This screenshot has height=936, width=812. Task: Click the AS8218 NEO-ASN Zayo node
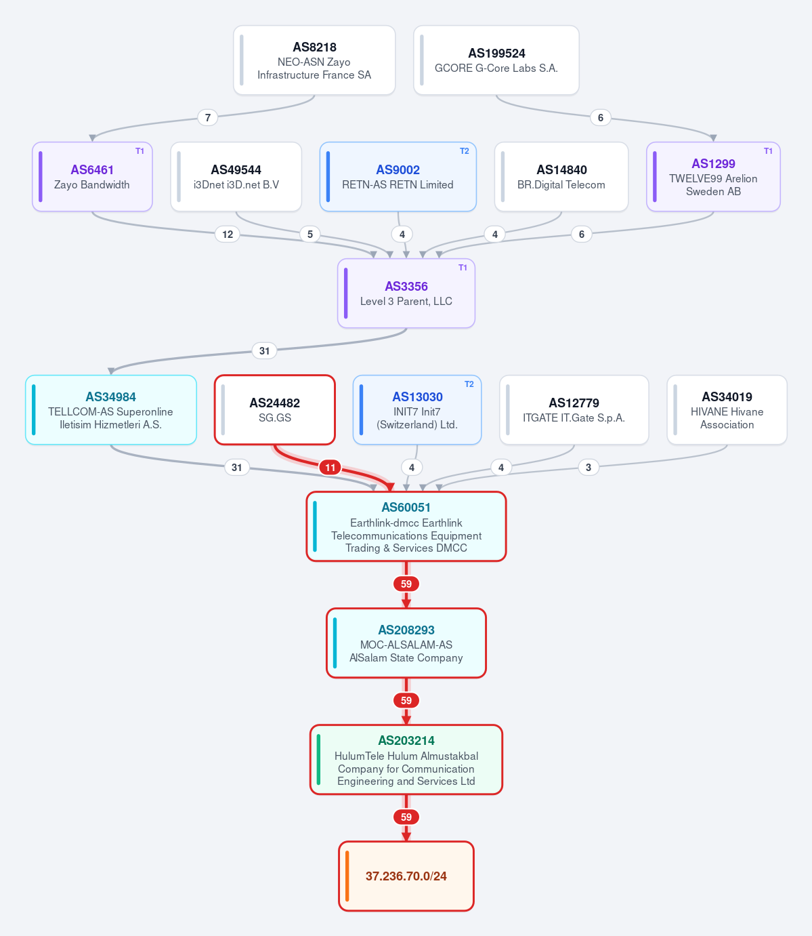coord(314,60)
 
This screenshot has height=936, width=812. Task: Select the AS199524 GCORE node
coord(496,60)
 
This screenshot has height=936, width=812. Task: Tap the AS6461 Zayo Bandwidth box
coord(92,177)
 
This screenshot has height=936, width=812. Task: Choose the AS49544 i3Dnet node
coord(236,177)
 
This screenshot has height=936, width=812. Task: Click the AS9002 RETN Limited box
coord(398,177)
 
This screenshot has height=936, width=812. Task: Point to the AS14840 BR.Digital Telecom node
coord(561,177)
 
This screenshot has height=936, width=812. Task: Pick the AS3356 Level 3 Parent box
coord(406,293)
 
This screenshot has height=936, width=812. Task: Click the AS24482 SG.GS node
coord(275,410)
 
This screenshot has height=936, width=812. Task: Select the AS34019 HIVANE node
coord(727,410)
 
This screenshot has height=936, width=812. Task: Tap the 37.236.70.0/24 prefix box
coord(406,876)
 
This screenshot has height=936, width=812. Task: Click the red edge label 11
coord(330,468)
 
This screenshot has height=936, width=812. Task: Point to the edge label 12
coord(228,235)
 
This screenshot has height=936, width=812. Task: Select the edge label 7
coord(208,118)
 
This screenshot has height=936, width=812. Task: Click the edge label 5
coord(310,235)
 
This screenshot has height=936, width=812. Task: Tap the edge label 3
coord(589,468)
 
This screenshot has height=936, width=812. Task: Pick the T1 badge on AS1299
coord(768,151)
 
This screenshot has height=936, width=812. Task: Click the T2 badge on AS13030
coord(469,384)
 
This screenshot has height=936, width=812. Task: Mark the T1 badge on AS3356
coord(463,268)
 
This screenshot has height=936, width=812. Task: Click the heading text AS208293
coord(406,630)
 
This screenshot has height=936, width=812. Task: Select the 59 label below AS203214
coord(406,817)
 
